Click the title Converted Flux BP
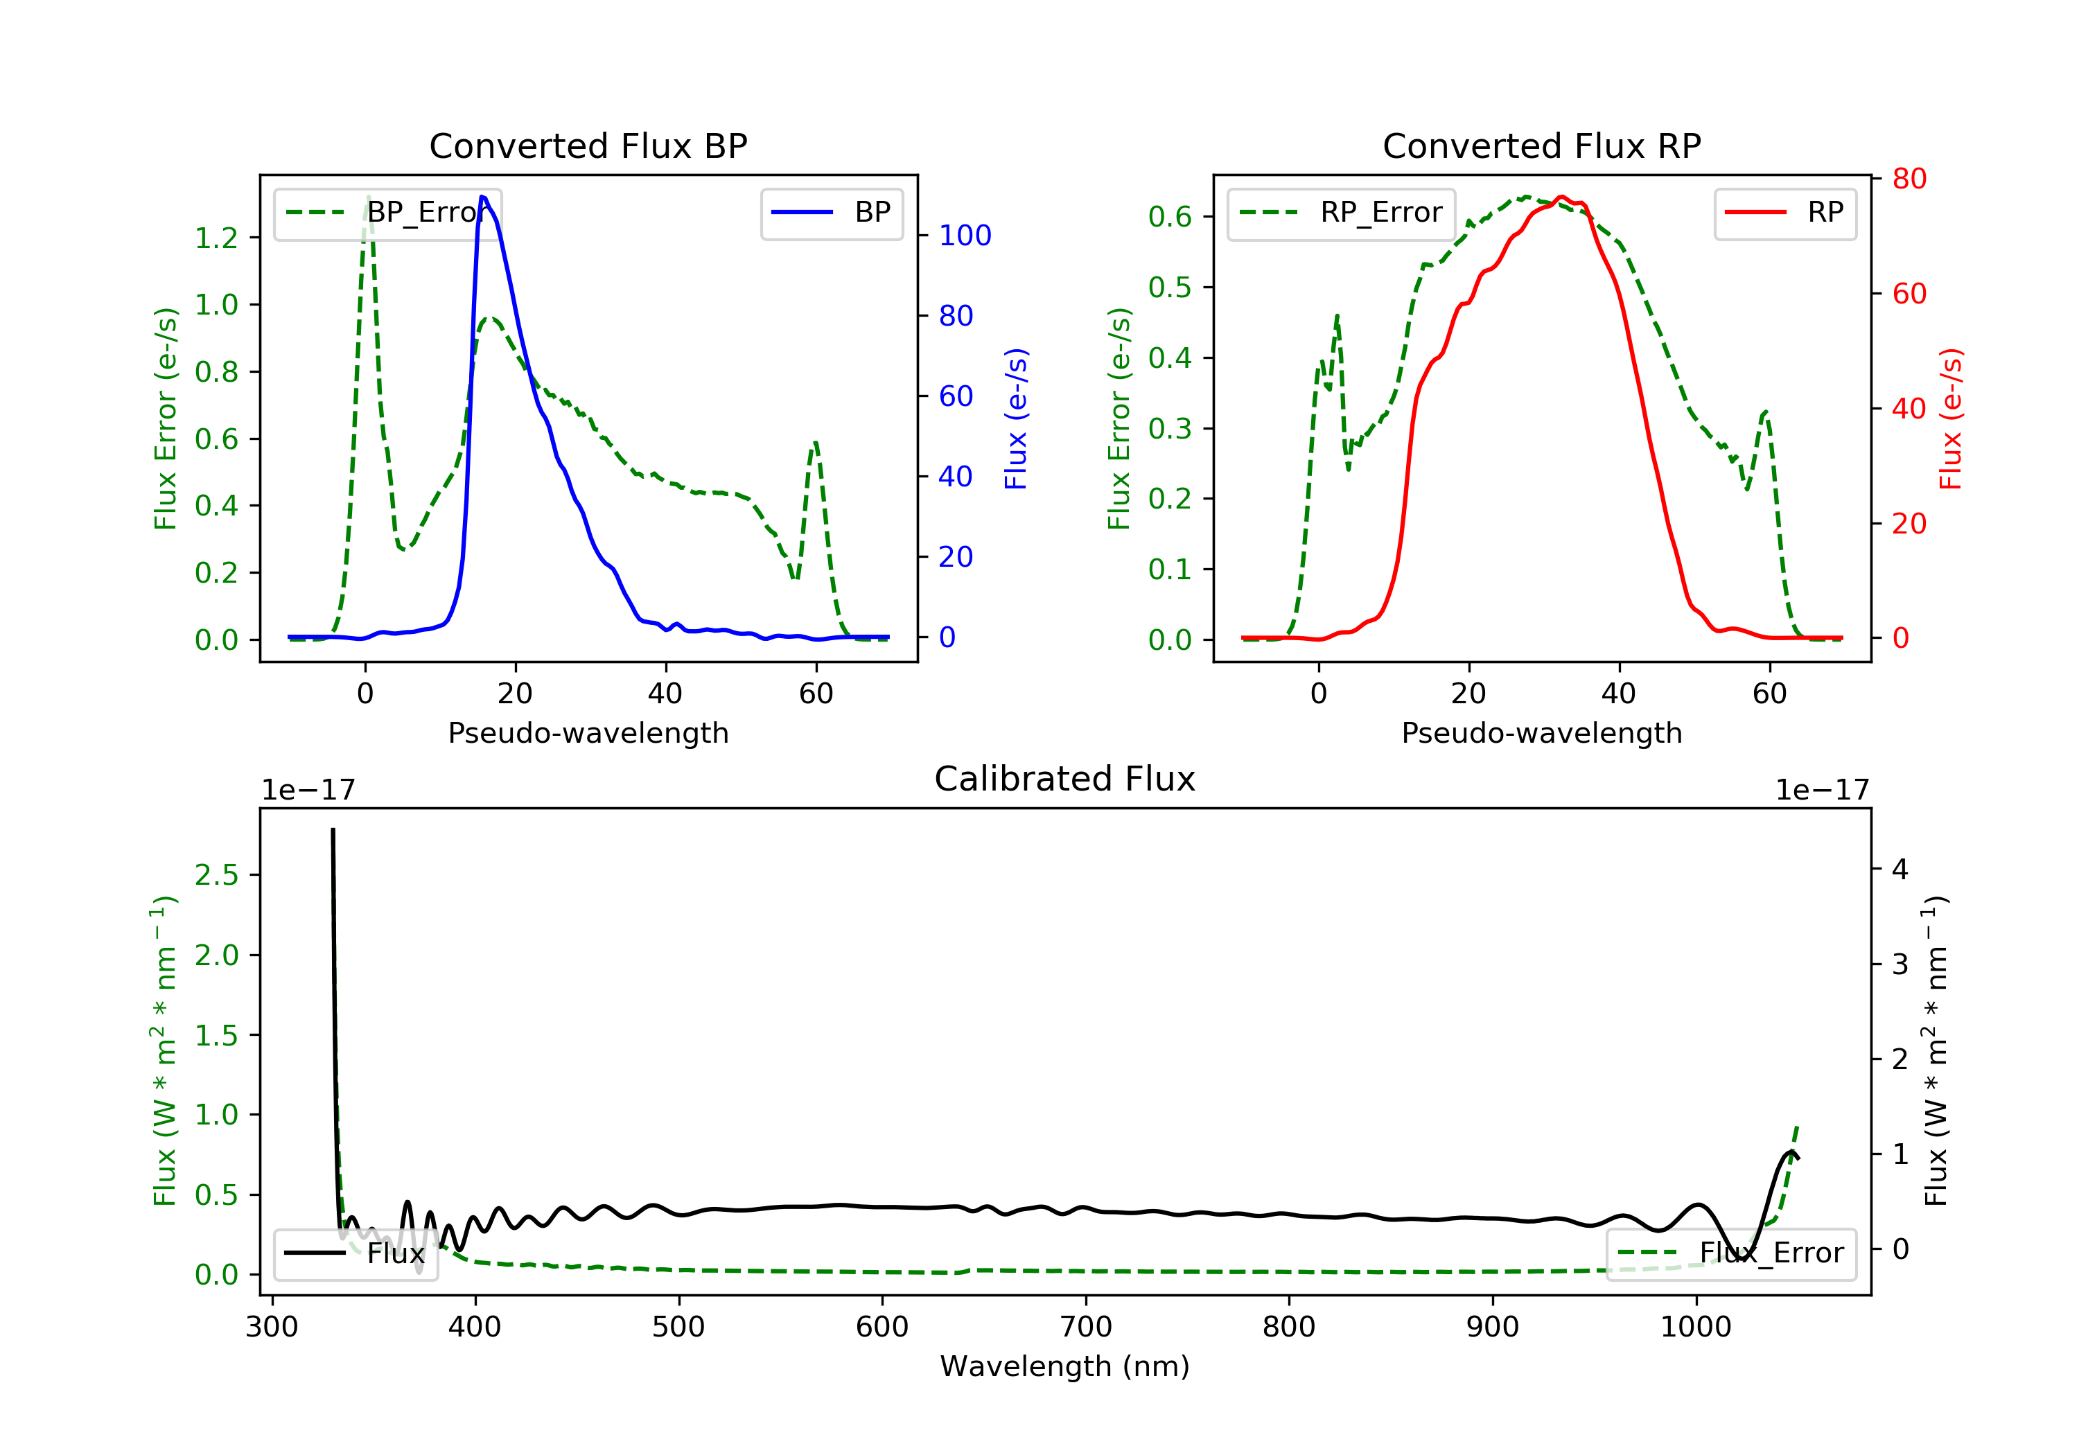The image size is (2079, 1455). (x=588, y=145)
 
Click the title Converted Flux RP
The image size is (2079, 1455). (x=1541, y=145)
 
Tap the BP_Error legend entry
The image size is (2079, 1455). (x=387, y=213)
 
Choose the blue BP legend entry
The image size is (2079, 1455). (x=831, y=213)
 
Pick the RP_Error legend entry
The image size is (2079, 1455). (x=1341, y=213)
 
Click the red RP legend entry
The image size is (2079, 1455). (x=1784, y=213)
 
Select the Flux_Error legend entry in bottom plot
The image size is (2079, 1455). (x=1730, y=1253)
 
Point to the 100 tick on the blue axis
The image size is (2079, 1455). (x=965, y=236)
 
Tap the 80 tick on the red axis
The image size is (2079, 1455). (x=1909, y=179)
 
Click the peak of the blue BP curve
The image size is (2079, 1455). (x=482, y=197)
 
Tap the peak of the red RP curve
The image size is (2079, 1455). (x=1561, y=197)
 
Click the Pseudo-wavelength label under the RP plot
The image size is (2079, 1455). (x=1541, y=732)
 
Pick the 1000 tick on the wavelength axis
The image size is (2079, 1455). (x=1695, y=1328)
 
